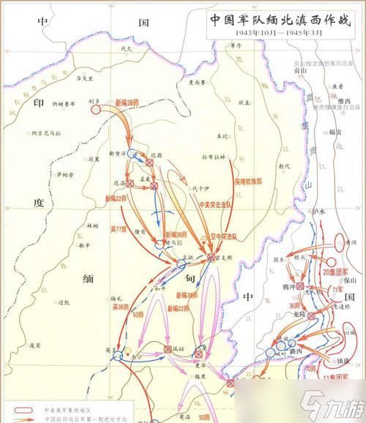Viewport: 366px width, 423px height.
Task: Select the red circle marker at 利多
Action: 96,110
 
